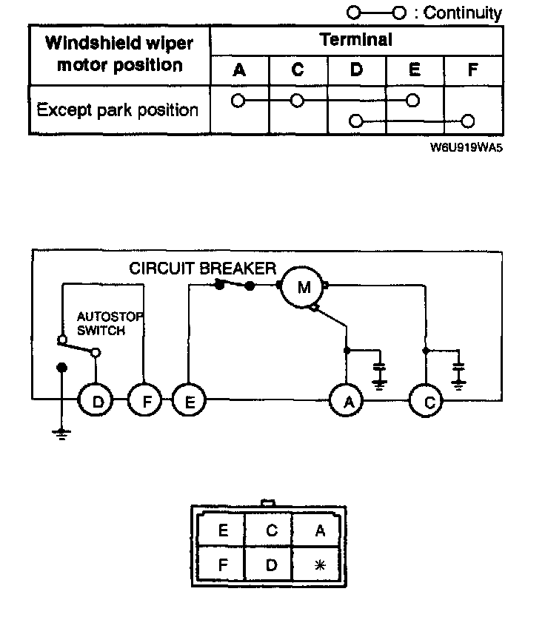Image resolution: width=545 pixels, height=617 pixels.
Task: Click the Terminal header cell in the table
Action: [x=356, y=40]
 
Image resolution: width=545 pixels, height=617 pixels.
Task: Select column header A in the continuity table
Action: [x=239, y=70]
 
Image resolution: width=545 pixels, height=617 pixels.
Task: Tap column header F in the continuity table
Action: [x=473, y=70]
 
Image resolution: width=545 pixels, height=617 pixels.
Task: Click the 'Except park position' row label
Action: [x=117, y=109]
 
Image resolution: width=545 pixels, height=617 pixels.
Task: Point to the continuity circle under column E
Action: [x=412, y=101]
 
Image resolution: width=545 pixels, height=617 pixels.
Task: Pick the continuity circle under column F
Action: [x=467, y=121]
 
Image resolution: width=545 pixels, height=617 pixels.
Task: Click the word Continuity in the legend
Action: [x=462, y=13]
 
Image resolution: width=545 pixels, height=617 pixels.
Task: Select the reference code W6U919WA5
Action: [x=467, y=147]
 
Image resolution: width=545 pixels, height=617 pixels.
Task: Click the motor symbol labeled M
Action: [x=303, y=287]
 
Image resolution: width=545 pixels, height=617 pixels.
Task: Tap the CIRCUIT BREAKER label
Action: [x=202, y=269]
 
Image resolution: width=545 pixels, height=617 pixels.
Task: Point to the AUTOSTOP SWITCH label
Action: [x=110, y=323]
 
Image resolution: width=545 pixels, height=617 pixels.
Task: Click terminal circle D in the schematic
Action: [x=96, y=400]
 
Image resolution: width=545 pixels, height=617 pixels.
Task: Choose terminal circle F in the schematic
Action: [x=145, y=400]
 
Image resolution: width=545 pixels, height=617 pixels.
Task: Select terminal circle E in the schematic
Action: [x=189, y=400]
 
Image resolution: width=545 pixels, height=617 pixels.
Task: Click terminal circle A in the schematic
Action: [x=347, y=400]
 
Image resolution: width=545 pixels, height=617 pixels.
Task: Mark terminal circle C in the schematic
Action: [x=426, y=400]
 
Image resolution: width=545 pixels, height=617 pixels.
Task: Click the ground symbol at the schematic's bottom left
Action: [x=61, y=434]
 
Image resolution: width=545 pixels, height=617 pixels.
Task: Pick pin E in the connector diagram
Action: [x=223, y=530]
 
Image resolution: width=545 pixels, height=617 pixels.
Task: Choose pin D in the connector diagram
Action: [x=271, y=565]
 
